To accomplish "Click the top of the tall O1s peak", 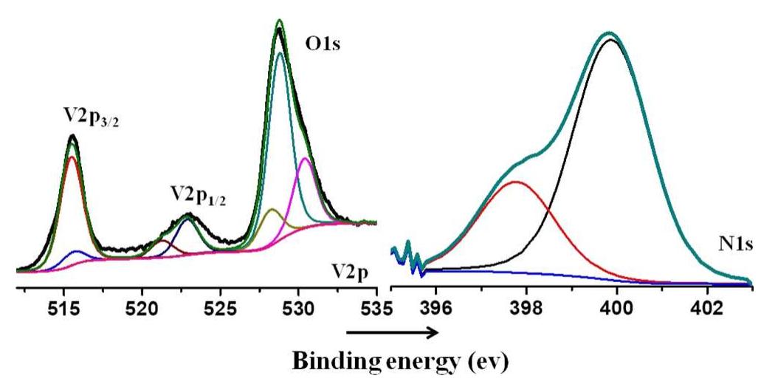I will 279,21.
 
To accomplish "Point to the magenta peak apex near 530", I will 305,158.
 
